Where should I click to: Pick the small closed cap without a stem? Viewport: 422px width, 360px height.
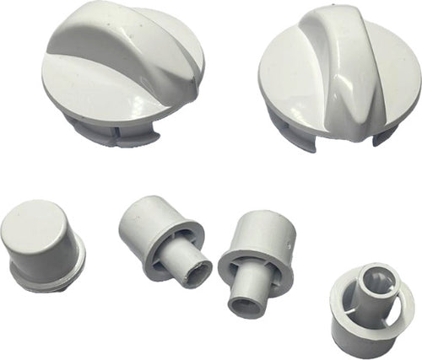[x=42, y=244]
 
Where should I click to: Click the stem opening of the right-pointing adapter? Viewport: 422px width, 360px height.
[x=200, y=272]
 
